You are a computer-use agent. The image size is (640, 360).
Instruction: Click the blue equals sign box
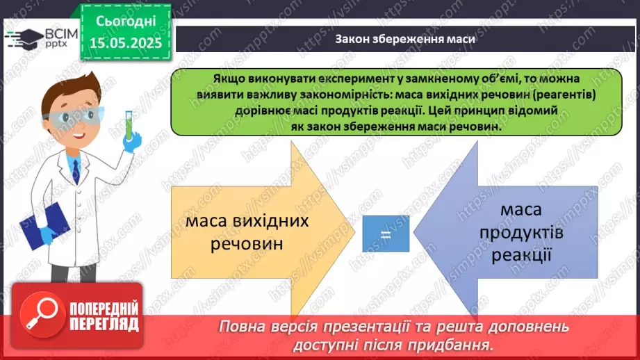(386, 234)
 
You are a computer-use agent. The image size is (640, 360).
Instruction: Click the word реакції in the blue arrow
(521, 255)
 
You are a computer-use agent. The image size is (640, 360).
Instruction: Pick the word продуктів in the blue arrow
(521, 232)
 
